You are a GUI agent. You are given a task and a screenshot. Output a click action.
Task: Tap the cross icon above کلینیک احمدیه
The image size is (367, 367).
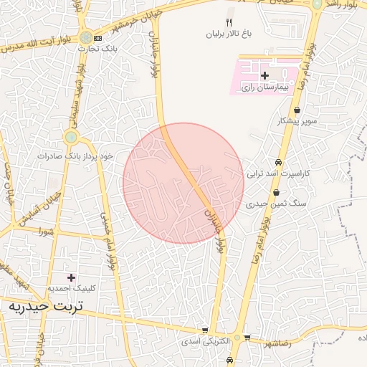70,277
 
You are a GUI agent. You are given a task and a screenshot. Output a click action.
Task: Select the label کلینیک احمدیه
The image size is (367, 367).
71,288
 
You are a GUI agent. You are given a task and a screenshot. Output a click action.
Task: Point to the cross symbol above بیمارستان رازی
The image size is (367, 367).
264,75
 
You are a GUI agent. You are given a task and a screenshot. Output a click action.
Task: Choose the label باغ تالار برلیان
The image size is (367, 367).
230,33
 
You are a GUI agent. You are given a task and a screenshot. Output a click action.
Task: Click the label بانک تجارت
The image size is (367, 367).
100,48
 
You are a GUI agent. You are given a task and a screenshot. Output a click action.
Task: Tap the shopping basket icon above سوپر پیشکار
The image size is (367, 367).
297,110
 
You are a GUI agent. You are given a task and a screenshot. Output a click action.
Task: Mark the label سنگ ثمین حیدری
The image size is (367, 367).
276,204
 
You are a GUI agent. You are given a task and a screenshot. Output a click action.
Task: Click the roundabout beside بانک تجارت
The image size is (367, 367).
86,37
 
